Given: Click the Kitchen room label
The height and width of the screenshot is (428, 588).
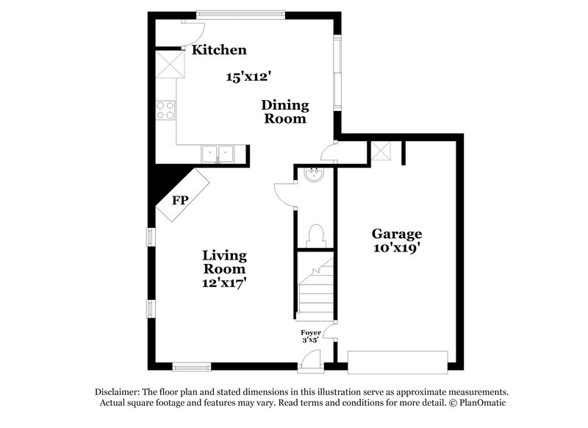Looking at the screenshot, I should pos(219,50).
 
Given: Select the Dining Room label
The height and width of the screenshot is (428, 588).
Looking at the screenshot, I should pos(284,111).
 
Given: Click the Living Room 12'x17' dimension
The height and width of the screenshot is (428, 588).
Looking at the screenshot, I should pos(225,281).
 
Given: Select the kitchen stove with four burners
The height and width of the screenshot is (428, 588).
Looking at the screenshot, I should pos(165,110).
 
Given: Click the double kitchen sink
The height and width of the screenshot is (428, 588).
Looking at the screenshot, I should pos(218,154).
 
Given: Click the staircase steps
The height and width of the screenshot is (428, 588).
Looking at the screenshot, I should pos(315,290).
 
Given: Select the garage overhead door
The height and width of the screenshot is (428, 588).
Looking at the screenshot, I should pos(398,361).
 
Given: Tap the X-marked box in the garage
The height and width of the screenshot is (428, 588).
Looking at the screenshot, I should pos(381,151).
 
